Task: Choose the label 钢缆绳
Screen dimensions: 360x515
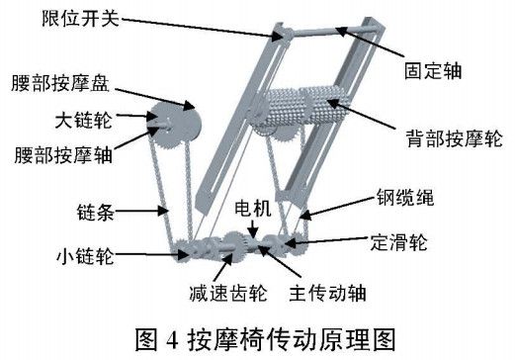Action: coord(406,197)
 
